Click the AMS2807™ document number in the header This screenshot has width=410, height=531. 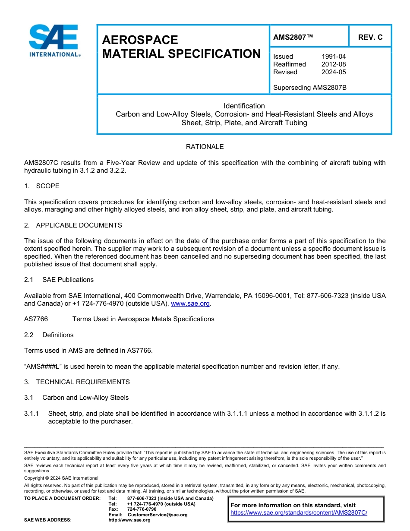tap(293, 38)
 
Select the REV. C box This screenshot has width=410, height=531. tap(370, 38)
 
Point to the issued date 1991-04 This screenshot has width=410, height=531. tap(333, 57)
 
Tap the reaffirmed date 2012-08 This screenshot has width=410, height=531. tap(333, 64)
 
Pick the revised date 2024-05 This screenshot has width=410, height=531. tap(333, 72)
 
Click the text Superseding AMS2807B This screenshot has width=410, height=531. tap(309, 88)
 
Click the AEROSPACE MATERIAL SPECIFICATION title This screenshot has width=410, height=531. tap(181, 47)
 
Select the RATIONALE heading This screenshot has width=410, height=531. tap(205, 147)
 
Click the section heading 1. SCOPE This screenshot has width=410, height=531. tap(42, 186)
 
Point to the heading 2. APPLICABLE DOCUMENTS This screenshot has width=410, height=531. tap(73, 225)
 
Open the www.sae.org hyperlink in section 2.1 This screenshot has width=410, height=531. tap(190, 304)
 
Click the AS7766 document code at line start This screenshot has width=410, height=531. tap(36, 319)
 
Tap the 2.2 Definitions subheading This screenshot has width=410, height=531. tap(49, 335)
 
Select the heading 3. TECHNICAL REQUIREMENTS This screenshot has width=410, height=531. tap(77, 382)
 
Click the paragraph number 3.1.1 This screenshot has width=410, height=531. tap(32, 414)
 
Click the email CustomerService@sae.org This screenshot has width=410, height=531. tap(158, 515)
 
